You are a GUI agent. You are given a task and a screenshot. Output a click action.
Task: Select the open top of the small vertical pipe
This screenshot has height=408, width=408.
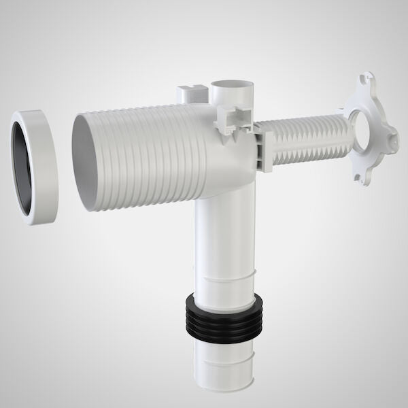pyautogui.click(x=231, y=86)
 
